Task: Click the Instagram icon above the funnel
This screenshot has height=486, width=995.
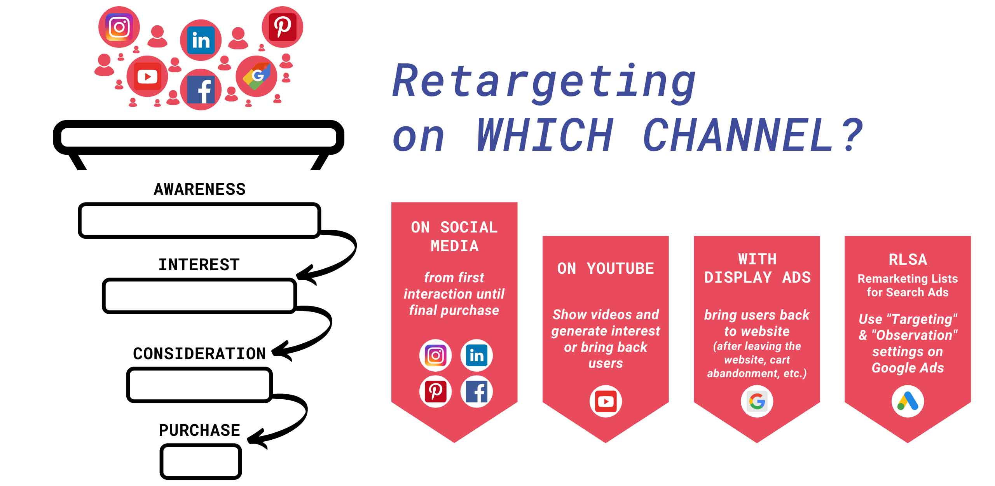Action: tap(119, 27)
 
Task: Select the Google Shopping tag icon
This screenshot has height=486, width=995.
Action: tap(257, 76)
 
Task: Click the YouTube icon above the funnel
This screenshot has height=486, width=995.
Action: tap(147, 76)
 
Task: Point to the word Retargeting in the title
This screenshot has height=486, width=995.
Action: tap(544, 82)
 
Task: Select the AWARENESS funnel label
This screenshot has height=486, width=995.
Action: tap(200, 189)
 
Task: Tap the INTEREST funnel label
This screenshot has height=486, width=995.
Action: tap(199, 265)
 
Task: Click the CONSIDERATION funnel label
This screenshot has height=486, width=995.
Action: tap(199, 354)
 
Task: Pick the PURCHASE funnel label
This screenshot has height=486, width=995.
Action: tap(199, 430)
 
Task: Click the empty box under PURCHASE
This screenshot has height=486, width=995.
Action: tap(201, 462)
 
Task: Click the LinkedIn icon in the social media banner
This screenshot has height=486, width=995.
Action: tap(477, 355)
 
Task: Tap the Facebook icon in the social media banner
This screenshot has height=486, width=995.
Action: tap(477, 392)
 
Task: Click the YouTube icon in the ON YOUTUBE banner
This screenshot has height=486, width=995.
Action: tap(606, 401)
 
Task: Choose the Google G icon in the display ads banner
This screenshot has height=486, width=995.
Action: tap(757, 401)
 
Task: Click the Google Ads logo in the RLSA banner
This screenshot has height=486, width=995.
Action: tap(908, 401)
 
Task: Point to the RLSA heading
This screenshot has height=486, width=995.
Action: tap(908, 259)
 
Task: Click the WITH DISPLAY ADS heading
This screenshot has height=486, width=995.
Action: tap(757, 268)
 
